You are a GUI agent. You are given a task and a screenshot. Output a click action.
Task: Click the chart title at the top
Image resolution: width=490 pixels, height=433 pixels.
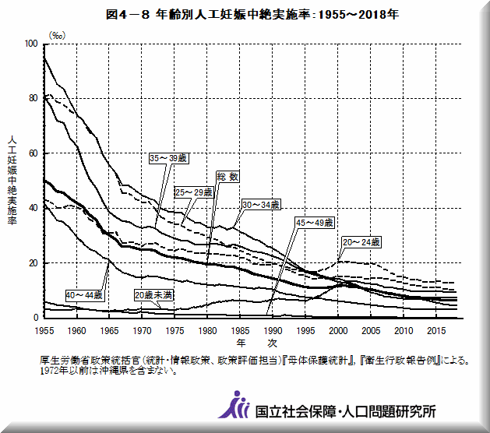(245, 14)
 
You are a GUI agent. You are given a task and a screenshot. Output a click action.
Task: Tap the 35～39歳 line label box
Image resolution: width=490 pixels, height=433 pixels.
(168, 157)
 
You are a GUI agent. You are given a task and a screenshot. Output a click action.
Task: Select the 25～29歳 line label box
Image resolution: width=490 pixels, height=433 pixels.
(194, 192)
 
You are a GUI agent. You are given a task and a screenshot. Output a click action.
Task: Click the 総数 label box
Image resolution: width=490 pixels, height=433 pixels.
(227, 177)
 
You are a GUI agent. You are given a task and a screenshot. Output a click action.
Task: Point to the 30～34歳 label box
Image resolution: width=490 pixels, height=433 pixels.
(260, 204)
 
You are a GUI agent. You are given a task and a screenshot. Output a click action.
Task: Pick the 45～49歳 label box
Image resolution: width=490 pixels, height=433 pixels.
(314, 223)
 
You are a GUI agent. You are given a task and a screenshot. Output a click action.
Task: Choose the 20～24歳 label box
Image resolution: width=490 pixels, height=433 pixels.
(361, 243)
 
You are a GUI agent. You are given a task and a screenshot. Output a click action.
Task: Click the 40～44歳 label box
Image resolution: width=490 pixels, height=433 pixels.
(84, 295)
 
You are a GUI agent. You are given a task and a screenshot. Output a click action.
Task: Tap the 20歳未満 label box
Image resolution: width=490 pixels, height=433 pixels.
(153, 295)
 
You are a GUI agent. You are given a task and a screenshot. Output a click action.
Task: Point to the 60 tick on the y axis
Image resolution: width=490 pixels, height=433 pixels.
(33, 153)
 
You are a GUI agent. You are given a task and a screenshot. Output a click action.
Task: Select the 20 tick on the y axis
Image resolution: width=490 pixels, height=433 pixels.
(33, 263)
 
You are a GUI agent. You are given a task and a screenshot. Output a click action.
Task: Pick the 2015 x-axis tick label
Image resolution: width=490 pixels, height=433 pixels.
(435, 330)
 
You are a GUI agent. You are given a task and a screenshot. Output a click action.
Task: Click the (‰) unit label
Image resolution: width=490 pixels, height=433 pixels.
(58, 35)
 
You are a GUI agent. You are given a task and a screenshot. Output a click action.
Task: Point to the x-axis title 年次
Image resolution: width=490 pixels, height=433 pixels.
(257, 343)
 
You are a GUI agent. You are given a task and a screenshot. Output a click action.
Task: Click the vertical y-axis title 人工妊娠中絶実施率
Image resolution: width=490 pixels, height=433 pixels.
(12, 180)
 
